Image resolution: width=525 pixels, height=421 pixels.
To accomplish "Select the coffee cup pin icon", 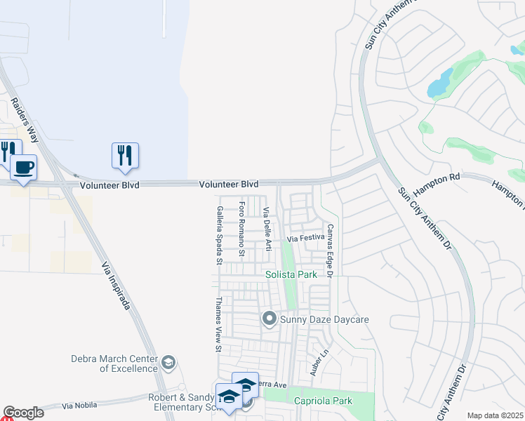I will [23, 168].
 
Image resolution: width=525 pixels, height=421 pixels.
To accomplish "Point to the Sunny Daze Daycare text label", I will [324, 320].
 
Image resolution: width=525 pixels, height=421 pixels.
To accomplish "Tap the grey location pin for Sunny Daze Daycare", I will [268, 320].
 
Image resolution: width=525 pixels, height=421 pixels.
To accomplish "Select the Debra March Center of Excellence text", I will [114, 363].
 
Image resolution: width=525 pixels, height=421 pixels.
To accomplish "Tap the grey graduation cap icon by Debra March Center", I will [168, 363].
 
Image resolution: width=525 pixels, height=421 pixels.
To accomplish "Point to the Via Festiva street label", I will [307, 239].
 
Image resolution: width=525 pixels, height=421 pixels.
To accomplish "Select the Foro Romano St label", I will [241, 229].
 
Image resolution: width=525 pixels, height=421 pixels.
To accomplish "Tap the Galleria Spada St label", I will [220, 234].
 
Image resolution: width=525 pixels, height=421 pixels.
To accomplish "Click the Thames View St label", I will [218, 323].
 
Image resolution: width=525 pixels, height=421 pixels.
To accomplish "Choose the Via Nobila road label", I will [77, 406].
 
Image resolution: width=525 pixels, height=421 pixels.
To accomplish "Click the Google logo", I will [23, 413].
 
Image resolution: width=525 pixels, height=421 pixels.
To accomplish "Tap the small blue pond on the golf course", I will [440, 83].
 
